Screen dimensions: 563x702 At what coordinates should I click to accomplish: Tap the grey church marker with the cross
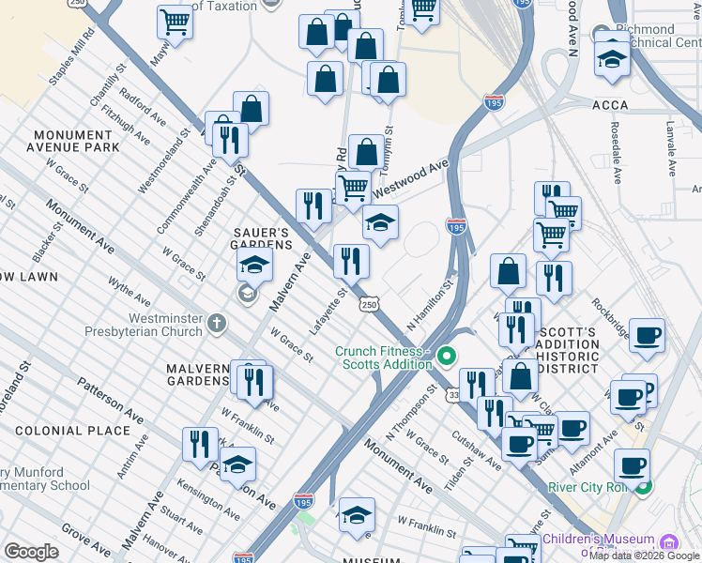[217, 326]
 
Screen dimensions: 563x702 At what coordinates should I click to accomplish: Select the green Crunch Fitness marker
[446, 356]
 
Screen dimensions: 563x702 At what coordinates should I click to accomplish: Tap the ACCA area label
[610, 106]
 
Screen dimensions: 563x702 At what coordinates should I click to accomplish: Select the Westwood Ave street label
[410, 179]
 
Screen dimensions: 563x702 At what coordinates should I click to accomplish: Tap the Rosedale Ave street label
[616, 151]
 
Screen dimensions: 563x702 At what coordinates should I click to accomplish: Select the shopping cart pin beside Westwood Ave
[353, 187]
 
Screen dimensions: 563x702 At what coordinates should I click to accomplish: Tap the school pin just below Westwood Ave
[380, 222]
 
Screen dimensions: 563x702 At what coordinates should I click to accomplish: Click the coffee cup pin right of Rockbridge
[646, 336]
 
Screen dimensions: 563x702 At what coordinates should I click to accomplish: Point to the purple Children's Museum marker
[668, 542]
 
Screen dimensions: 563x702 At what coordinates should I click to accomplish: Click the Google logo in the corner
[30, 552]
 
